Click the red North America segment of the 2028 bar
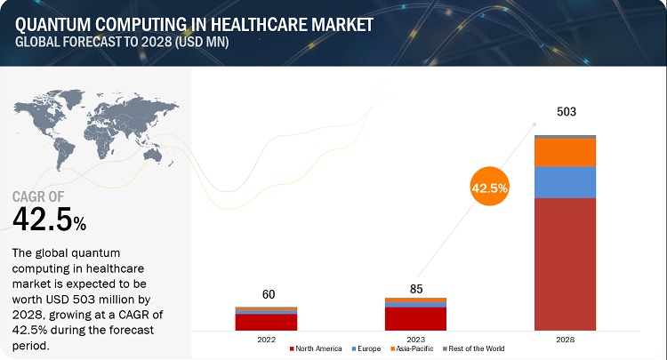pos(565,264)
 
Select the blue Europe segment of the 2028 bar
pos(565,182)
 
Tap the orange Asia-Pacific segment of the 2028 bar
pos(565,153)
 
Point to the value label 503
pos(565,112)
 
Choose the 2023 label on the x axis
pos(415,339)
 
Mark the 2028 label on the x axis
pos(565,339)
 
